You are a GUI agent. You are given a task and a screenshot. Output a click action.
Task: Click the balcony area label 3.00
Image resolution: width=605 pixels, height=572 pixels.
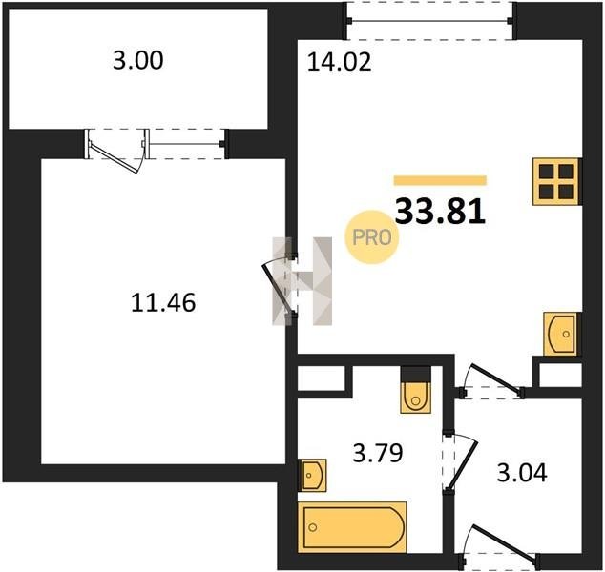tap(138, 60)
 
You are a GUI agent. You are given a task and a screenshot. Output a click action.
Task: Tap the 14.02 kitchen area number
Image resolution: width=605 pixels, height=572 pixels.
tap(339, 62)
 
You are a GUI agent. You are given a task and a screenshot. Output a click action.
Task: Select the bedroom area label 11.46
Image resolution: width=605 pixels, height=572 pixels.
tap(163, 302)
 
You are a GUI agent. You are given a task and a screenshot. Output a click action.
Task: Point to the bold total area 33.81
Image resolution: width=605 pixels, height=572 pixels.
tap(440, 212)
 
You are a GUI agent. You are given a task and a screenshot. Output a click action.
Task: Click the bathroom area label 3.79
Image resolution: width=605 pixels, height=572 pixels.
tap(378, 453)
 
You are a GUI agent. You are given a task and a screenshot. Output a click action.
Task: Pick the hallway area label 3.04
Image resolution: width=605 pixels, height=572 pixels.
tap(522, 473)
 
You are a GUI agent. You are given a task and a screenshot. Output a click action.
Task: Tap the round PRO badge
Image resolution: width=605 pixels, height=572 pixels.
tap(372, 237)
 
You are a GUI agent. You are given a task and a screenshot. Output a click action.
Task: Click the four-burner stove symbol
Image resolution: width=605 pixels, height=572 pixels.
tap(556, 181)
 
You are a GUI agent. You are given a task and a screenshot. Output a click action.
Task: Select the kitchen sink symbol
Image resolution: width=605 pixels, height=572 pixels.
tap(560, 334)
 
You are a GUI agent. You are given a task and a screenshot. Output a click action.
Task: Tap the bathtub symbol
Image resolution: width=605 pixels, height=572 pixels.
tap(352, 527)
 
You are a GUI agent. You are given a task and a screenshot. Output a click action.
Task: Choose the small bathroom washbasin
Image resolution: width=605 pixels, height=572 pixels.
tap(313, 476)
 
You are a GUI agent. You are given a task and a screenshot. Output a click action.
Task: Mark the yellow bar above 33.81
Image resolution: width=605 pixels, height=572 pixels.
tap(440, 180)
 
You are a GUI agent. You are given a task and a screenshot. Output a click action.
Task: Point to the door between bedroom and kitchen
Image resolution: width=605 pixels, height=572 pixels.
tap(276, 286)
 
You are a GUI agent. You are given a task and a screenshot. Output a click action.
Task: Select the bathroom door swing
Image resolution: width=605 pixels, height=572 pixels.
tap(463, 462)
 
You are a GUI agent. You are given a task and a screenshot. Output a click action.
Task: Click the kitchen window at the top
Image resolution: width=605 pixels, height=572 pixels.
tap(429, 20)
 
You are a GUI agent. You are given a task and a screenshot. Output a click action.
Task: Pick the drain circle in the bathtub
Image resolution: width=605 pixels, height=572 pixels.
tap(313, 527)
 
